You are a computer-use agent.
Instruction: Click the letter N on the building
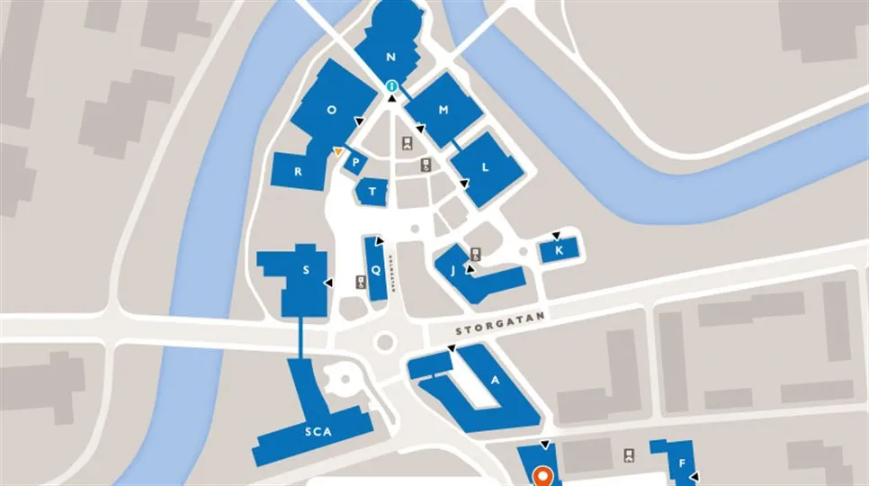[390, 57]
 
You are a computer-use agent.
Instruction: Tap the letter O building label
[331, 110]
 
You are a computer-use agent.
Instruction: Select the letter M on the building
[443, 110]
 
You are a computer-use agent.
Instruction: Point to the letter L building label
[485, 166]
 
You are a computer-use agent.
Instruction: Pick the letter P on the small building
[356, 164]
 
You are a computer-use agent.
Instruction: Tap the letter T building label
[371, 192]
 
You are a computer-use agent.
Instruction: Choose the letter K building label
[559, 250]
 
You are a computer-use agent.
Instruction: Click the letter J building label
[452, 269]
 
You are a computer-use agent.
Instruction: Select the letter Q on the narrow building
[377, 268]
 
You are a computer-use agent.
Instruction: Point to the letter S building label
[306, 270]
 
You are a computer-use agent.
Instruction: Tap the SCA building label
[318, 432]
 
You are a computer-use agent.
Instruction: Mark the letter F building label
[682, 463]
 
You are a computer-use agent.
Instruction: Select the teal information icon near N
[391, 86]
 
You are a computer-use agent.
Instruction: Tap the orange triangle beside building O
[337, 151]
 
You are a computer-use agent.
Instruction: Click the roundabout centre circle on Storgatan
[385, 342]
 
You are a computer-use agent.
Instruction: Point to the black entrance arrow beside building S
[327, 283]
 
